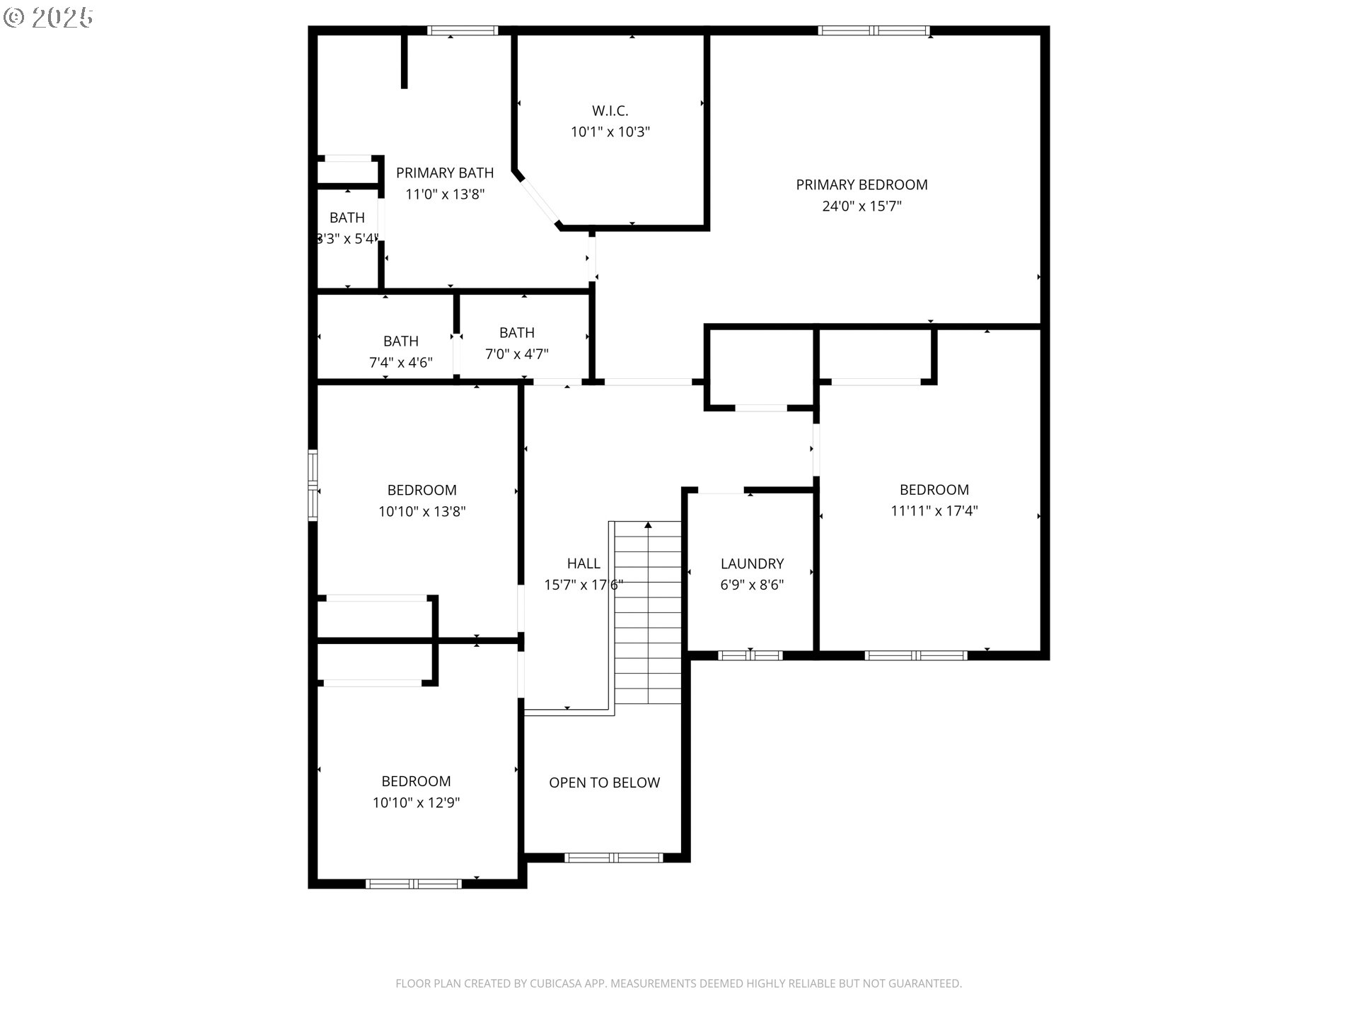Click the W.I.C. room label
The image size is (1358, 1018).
(x=610, y=111)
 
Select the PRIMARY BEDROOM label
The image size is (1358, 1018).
(x=861, y=185)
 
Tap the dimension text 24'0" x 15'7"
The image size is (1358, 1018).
(x=861, y=206)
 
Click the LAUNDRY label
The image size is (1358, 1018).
(x=752, y=563)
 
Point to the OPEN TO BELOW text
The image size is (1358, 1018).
(x=604, y=783)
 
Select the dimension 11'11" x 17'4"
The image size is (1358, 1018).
(x=934, y=511)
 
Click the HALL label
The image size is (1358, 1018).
(x=584, y=563)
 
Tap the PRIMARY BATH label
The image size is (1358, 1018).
(x=444, y=173)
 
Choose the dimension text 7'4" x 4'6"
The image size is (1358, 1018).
(x=400, y=363)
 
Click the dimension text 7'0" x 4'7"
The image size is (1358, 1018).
(x=516, y=354)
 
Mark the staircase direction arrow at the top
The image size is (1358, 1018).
(x=648, y=525)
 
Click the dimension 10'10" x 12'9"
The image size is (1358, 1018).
(x=416, y=803)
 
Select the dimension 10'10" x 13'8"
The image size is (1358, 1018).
(x=422, y=512)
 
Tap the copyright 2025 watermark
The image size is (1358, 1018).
(x=48, y=18)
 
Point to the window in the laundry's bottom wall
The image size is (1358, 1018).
(x=750, y=655)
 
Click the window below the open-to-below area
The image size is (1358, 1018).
(x=613, y=858)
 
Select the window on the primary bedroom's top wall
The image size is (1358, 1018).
(x=874, y=30)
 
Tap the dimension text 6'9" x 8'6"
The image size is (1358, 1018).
(x=752, y=585)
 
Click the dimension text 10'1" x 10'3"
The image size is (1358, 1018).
(x=610, y=132)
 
